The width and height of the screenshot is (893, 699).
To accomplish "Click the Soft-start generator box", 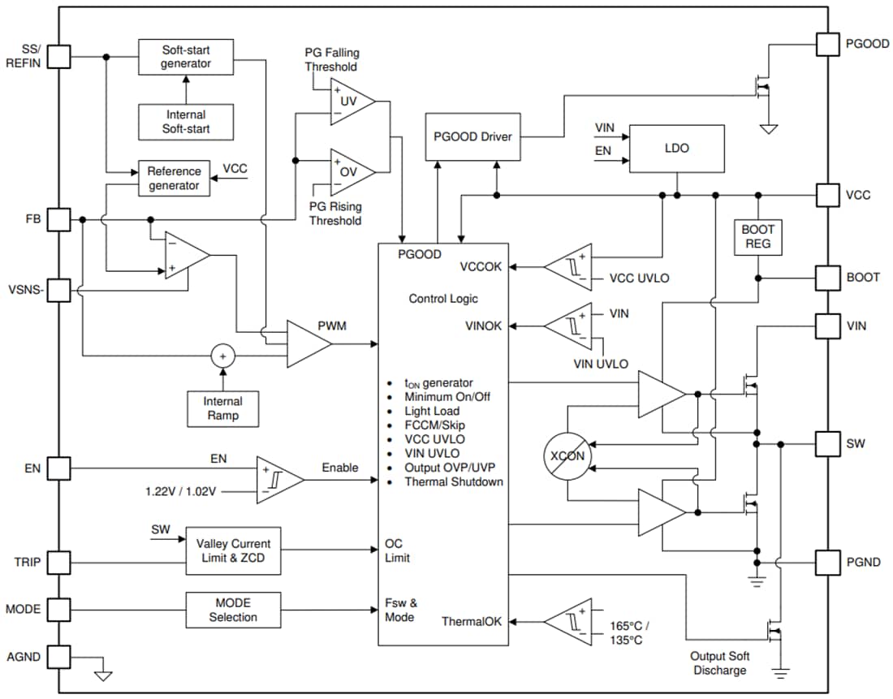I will [185, 57].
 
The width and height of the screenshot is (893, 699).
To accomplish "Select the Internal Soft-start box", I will [185, 122].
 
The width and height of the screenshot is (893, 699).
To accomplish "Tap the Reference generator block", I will [174, 179].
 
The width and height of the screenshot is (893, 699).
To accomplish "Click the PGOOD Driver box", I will [472, 136].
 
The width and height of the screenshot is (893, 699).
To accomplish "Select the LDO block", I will [676, 149].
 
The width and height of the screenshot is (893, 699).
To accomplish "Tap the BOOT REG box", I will [757, 236].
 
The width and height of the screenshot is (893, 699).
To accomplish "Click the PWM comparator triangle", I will [308, 343].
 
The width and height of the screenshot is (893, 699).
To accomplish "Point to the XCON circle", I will [568, 455].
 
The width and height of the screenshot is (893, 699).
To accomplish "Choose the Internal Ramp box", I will [222, 408].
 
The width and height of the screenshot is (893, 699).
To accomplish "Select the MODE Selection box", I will [233, 610].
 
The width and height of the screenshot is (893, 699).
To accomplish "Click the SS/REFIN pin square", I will [60, 56].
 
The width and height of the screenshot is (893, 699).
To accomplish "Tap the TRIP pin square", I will [60, 562].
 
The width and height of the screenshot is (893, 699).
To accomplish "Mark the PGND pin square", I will [827, 562].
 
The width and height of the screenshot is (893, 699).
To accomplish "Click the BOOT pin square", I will [827, 277].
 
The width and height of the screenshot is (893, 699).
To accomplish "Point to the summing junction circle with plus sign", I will [222, 356].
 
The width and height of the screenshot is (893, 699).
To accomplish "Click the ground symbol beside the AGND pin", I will [103, 674].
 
